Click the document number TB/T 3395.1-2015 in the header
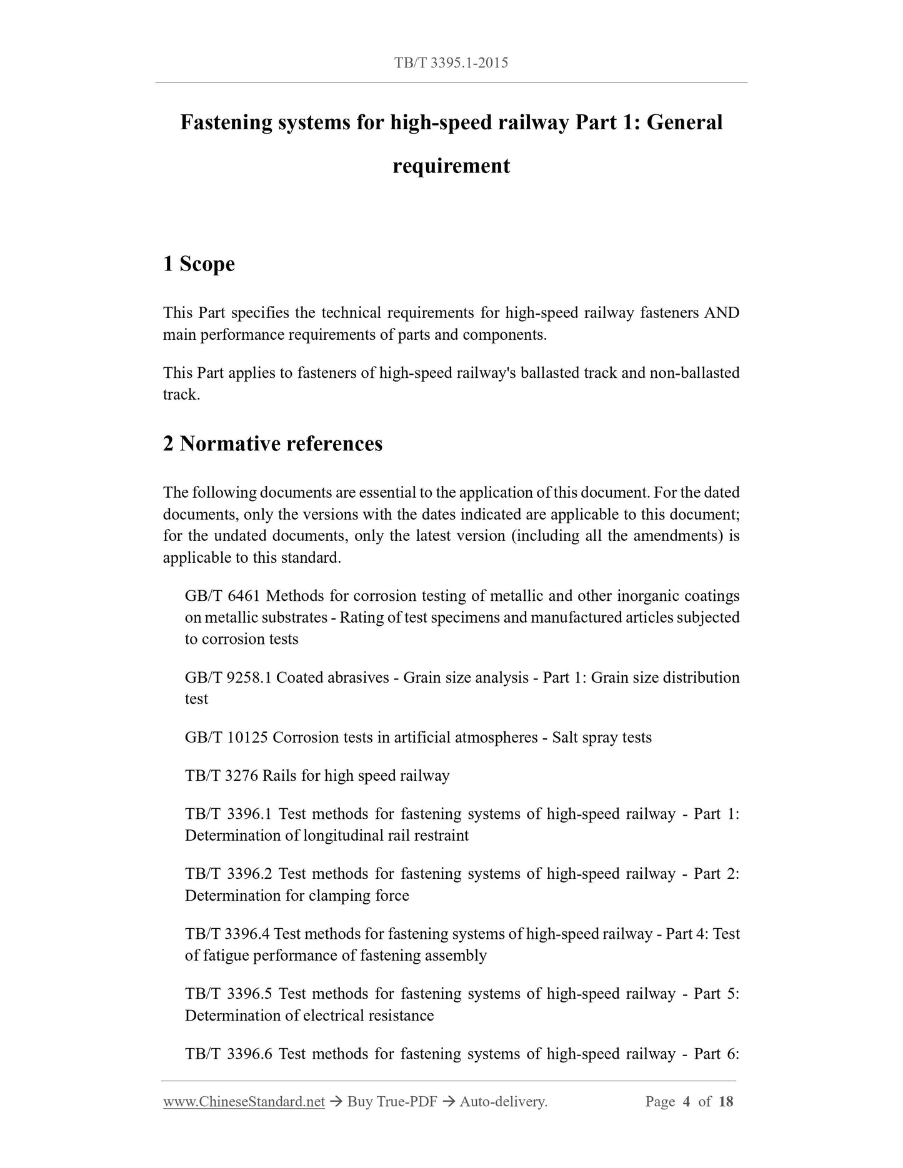point(451,62)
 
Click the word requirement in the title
point(451,166)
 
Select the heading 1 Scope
point(199,264)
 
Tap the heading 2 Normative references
point(272,444)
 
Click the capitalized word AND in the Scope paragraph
point(721,313)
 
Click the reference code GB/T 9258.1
point(227,678)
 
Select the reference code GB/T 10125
point(226,738)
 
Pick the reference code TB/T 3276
point(221,776)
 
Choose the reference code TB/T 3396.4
point(227,934)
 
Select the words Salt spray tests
point(602,738)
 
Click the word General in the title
point(684,122)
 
